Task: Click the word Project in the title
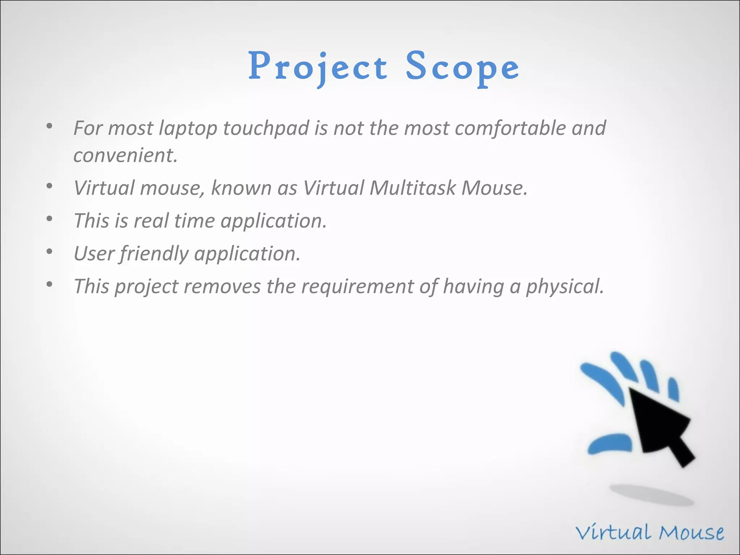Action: click(x=318, y=67)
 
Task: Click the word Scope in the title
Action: click(x=462, y=67)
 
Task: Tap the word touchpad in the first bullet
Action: click(x=266, y=128)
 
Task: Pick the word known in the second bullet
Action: click(x=241, y=188)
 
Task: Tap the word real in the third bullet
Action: click(x=151, y=221)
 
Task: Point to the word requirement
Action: click(x=357, y=287)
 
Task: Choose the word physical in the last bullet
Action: click(x=564, y=287)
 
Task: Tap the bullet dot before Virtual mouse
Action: click(x=50, y=186)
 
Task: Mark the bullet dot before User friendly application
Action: click(x=50, y=252)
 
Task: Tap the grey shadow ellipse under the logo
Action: click(x=651, y=495)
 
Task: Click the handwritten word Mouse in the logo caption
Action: click(x=691, y=533)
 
